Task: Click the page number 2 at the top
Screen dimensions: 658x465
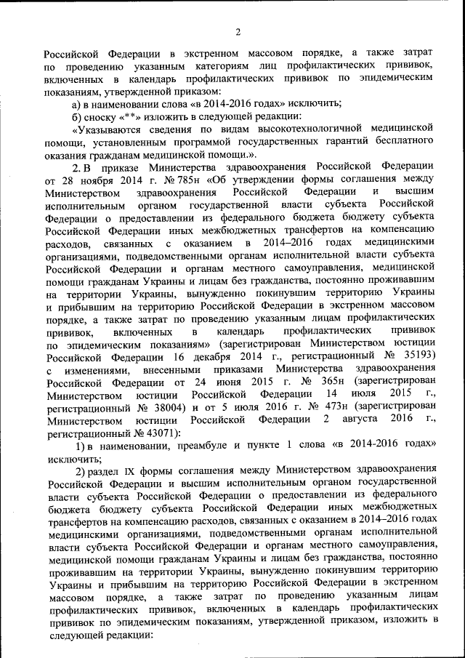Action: [237, 31]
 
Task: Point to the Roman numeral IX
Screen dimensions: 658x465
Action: [132, 473]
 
